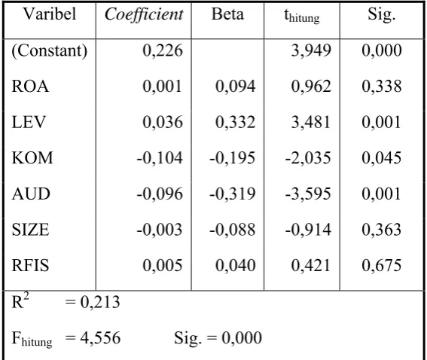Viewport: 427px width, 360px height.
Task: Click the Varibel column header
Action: coord(50,14)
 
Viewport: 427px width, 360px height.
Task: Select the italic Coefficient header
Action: coord(144,14)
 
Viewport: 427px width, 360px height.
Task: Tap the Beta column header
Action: coord(227,14)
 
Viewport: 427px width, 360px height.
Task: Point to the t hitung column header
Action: coord(302,16)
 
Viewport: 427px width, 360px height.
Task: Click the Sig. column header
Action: coord(381,14)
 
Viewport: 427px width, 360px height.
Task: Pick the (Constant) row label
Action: coord(49,50)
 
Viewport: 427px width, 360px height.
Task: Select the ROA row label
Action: coord(30,87)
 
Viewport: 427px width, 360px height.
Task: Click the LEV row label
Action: coord(29,122)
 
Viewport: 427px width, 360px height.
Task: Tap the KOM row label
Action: coord(32,158)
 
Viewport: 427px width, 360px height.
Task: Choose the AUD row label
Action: coord(31,194)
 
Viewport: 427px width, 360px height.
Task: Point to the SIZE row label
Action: coord(30,230)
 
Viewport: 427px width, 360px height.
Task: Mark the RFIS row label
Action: coord(30,266)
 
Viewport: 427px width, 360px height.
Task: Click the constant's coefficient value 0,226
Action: coord(163,50)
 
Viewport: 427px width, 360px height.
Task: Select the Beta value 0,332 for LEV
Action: coord(235,122)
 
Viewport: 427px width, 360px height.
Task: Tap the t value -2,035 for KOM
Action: coord(308,158)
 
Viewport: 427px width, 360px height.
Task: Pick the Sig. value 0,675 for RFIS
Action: coord(382,266)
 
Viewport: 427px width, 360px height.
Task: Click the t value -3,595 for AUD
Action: coord(308,194)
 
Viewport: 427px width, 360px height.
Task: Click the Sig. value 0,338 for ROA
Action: coord(382,87)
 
